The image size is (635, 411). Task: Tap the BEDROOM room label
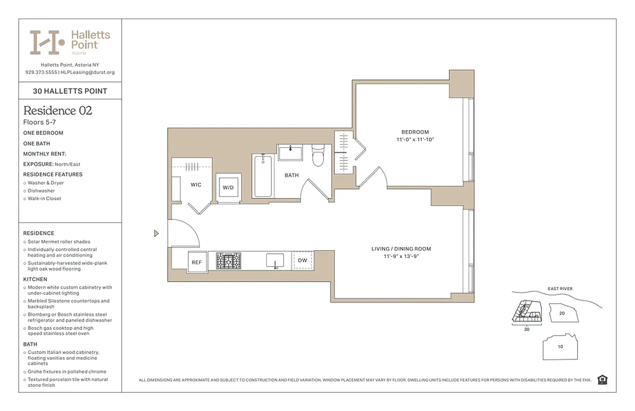click(x=416, y=132)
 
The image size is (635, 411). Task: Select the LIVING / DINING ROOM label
click(x=401, y=249)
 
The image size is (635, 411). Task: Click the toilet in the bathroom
click(x=318, y=157)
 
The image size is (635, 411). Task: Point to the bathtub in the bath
click(x=263, y=176)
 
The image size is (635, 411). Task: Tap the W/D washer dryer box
click(x=228, y=188)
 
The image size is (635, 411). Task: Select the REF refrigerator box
click(x=197, y=262)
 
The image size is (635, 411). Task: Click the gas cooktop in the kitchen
click(x=228, y=261)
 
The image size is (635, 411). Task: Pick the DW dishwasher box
click(x=303, y=260)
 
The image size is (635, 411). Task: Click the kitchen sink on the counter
click(x=275, y=260)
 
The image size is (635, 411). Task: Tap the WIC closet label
click(x=196, y=184)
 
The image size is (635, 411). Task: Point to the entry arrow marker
click(x=157, y=234)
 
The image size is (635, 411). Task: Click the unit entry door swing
click(x=183, y=234)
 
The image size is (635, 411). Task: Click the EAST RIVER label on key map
click(x=559, y=289)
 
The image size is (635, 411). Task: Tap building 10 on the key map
click(x=560, y=347)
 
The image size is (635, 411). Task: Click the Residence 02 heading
click(x=58, y=110)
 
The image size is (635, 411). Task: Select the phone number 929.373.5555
click(x=41, y=72)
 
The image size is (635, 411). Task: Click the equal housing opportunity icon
click(x=603, y=380)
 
